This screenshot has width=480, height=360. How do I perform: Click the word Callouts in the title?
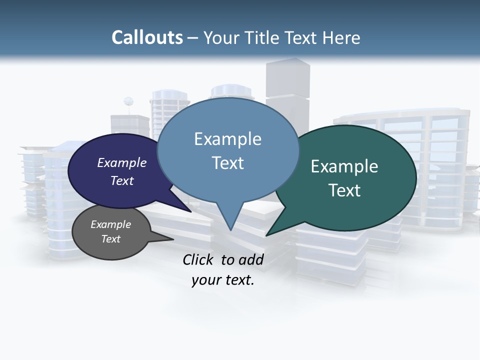click(x=147, y=37)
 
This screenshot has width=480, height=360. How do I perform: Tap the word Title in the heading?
click(x=262, y=37)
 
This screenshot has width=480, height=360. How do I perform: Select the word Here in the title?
click(x=341, y=37)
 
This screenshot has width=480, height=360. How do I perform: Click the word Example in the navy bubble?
click(x=122, y=162)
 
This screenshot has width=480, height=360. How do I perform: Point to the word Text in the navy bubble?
click(x=122, y=180)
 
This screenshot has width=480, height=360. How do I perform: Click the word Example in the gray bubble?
click(x=111, y=224)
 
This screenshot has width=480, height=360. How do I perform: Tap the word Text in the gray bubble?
click(x=111, y=239)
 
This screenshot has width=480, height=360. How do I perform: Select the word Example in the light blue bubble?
click(x=227, y=139)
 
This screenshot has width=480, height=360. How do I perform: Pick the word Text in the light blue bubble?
click(x=227, y=163)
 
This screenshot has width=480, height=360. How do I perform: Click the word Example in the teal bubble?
click(x=344, y=166)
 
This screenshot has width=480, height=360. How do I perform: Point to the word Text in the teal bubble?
click(x=344, y=190)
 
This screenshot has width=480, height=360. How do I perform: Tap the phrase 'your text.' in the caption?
click(x=223, y=280)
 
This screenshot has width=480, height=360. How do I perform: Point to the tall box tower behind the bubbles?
click(x=287, y=85)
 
